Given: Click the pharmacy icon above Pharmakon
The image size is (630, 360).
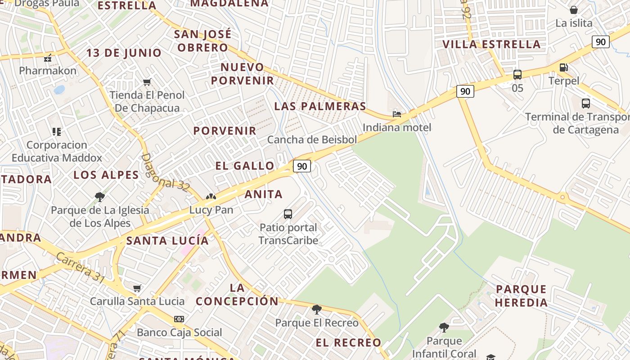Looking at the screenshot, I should [48, 58].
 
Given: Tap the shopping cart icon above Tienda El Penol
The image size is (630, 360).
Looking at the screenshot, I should [147, 82].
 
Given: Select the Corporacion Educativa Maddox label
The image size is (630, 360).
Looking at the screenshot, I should [57, 151].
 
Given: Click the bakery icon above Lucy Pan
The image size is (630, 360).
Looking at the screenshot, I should [211, 197].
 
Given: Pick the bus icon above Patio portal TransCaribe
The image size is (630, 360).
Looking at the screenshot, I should [288, 214].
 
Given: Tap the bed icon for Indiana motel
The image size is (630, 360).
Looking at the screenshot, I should [396, 114].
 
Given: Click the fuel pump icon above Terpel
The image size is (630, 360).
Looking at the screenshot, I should [563, 68].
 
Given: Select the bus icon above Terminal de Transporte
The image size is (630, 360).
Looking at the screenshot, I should [585, 103].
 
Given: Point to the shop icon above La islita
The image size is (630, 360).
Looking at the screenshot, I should [574, 10].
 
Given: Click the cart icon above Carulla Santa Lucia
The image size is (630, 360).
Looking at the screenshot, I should [137, 288].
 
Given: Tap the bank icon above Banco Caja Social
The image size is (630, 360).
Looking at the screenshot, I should [179, 319].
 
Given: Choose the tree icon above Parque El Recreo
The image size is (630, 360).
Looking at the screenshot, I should [317, 309].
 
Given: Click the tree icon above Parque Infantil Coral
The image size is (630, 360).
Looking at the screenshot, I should [444, 327].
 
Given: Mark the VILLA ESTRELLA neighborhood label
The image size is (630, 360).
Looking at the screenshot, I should [491, 44].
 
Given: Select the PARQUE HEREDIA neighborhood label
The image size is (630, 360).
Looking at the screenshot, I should [521, 296].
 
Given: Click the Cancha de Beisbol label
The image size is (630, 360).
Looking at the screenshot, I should [312, 139].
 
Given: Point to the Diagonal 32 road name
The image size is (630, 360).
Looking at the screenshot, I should [165, 173].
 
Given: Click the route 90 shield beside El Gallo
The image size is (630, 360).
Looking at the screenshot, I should [302, 166].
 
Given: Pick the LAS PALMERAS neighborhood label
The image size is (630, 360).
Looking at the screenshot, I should [320, 106].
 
